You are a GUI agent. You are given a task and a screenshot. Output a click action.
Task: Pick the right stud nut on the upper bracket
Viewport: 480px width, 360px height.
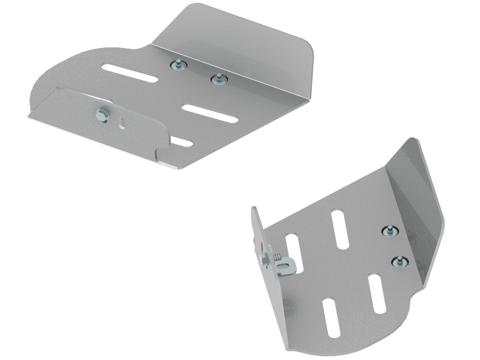click(216, 79)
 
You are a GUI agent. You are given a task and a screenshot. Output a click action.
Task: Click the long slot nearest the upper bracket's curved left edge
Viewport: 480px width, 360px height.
click(129, 73)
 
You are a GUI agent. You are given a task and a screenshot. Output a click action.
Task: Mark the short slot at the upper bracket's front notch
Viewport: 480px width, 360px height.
click(181, 142)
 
